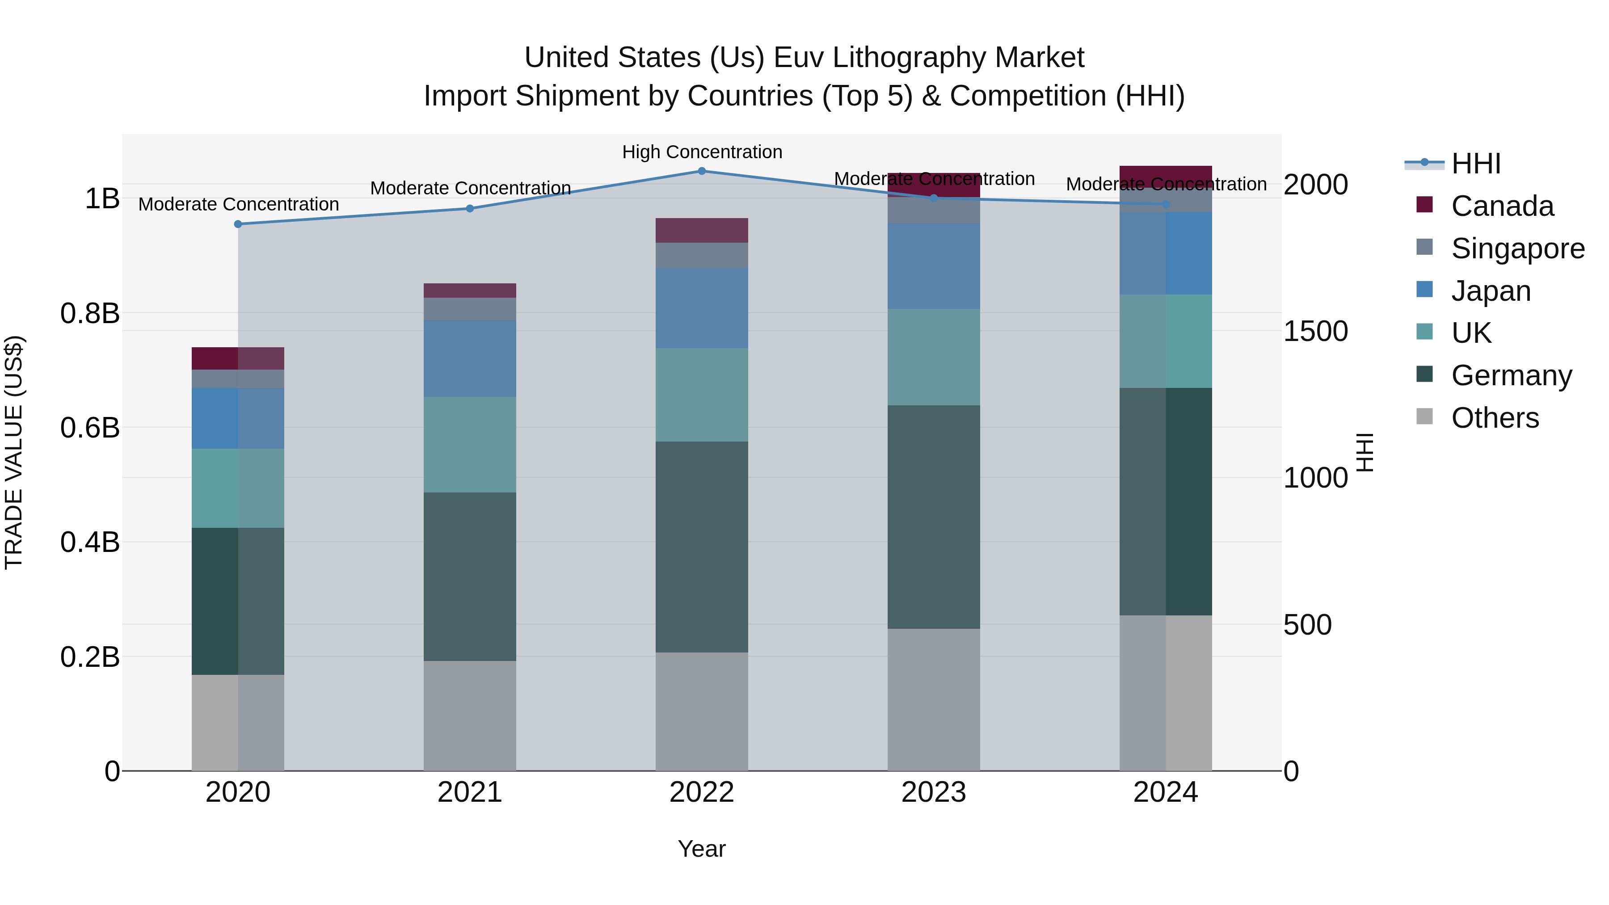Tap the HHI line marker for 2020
coord(238,224)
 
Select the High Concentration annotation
coord(702,152)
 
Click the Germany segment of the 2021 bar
coord(470,576)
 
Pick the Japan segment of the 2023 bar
coord(933,265)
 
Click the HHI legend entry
coord(1475,164)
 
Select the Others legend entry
coord(1495,418)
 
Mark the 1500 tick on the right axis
coord(1315,331)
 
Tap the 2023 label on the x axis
coord(933,792)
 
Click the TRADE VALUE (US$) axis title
coord(14,452)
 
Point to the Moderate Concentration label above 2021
coord(470,188)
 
